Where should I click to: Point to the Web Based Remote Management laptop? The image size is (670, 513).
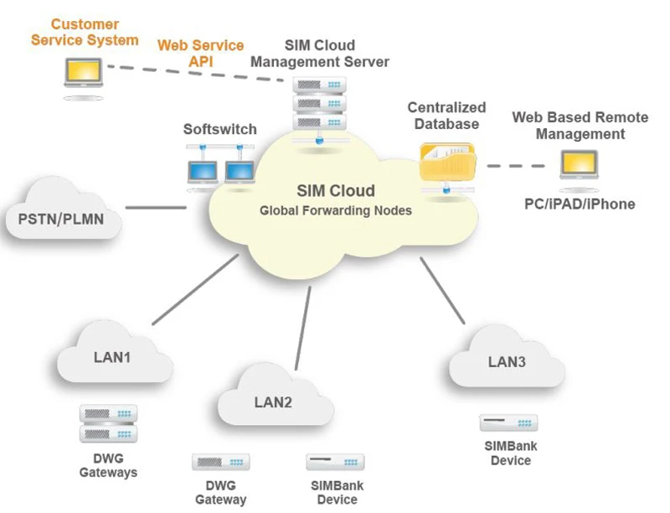pyautogui.click(x=579, y=166)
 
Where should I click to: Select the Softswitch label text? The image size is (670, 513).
pyautogui.click(x=220, y=130)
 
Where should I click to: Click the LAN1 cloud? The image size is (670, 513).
pyautogui.click(x=111, y=356)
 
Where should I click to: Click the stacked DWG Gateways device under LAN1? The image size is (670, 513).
pyautogui.click(x=108, y=423)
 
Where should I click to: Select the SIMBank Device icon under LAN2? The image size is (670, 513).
pyautogui.click(x=335, y=462)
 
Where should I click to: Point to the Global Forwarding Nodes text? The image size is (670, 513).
pyautogui.click(x=335, y=210)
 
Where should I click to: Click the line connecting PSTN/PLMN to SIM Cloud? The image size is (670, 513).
pyautogui.click(x=156, y=207)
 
